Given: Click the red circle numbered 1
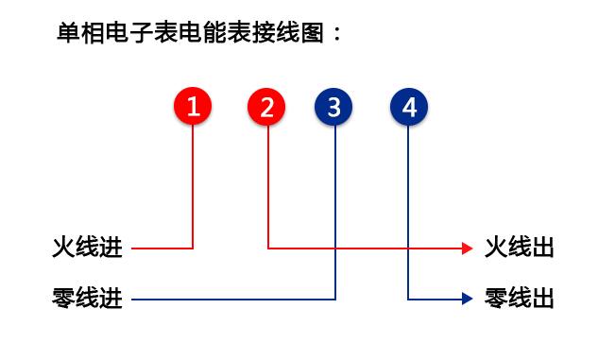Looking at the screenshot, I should coord(193,107).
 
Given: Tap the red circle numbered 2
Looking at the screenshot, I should coord(267,107).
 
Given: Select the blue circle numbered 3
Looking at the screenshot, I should coord(333,107).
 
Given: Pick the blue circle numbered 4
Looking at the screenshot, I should coord(408,107).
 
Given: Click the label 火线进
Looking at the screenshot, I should coord(87,249).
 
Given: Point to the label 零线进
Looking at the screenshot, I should coord(87,300).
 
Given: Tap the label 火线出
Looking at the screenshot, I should coord(519,249).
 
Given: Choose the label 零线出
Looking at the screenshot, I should coord(519,300).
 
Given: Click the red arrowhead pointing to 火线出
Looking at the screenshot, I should coord(467,249).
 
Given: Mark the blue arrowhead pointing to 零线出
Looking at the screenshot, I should coord(467,300).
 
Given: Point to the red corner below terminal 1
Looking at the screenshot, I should coord(193,249).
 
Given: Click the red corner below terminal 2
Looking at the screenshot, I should coord(268,249).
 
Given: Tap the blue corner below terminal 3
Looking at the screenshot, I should coord(335,300).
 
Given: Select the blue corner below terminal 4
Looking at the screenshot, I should coord(408,300).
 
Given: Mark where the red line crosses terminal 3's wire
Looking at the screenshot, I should coord(335,249).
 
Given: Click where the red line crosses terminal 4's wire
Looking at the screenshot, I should coord(408,249).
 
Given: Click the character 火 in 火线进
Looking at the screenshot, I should coord(63,249).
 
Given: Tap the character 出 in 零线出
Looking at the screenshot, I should coord(542,300).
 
